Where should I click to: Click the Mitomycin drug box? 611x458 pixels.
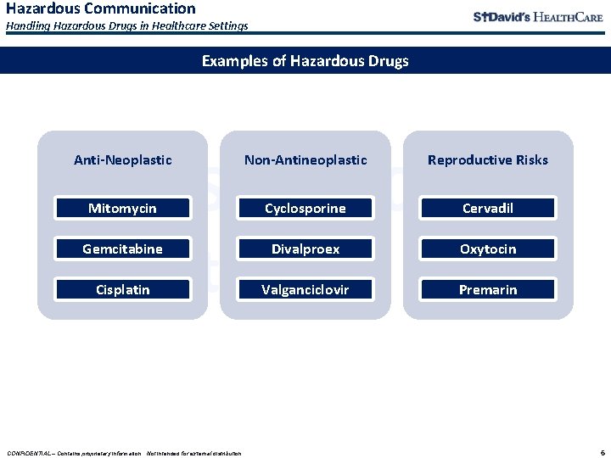click(123, 208)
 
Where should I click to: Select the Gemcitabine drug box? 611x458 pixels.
click(123, 249)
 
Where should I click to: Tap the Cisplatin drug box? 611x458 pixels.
click(123, 289)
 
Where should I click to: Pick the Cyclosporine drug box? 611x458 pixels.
click(305, 208)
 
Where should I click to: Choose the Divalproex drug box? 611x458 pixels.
click(305, 249)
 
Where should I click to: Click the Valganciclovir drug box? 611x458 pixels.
click(305, 289)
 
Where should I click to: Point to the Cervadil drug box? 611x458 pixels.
click(488, 208)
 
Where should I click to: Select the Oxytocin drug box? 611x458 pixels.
click(488, 249)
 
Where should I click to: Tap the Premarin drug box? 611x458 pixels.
click(488, 289)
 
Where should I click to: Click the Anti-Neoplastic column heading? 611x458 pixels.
click(123, 159)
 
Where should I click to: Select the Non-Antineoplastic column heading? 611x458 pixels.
click(305, 159)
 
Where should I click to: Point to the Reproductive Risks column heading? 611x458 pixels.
click(488, 159)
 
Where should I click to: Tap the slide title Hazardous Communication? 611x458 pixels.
click(100, 8)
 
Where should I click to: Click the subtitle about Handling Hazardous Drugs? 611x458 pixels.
click(127, 26)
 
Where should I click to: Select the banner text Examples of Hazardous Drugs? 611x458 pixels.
click(305, 61)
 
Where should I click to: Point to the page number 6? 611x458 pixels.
click(602, 452)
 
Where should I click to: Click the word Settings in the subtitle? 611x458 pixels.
click(227, 26)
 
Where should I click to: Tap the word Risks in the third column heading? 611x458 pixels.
click(532, 159)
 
